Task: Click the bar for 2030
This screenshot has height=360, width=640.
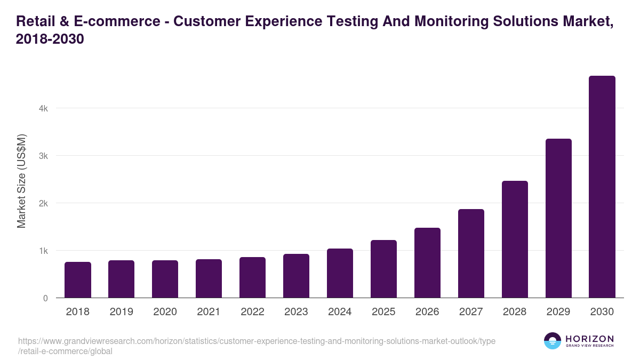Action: [x=602, y=187]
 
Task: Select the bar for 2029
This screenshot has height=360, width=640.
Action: [x=558, y=218]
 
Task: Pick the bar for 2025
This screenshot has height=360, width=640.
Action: [x=383, y=269]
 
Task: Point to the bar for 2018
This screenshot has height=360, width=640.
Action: [x=78, y=279]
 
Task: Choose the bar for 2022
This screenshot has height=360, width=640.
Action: [x=252, y=277]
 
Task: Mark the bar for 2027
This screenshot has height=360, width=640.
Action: [x=471, y=253]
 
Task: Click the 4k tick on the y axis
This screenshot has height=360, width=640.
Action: [x=43, y=108]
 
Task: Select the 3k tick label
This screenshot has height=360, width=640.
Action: [x=43, y=156]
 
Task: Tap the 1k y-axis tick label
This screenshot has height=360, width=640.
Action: [x=43, y=251]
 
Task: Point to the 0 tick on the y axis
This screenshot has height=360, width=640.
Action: [x=45, y=298]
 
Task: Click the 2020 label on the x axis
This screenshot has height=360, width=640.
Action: [x=165, y=312]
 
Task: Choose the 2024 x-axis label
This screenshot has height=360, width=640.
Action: [x=340, y=312]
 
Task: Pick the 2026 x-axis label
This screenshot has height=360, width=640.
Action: [x=427, y=312]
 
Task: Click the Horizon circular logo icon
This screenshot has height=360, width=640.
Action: [x=553, y=341]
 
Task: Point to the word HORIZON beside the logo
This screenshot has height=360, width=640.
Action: [x=589, y=339]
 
